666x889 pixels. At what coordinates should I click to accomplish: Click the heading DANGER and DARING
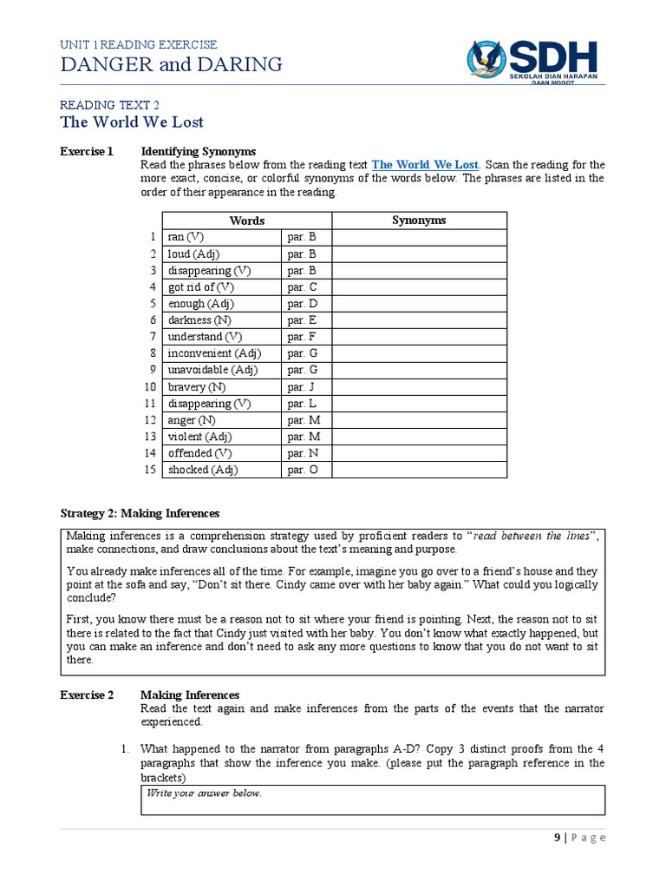tap(171, 64)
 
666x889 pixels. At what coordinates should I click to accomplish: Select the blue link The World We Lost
tap(425, 164)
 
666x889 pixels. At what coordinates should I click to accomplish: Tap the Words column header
tap(246, 221)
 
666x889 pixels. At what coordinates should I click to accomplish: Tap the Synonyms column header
tap(419, 221)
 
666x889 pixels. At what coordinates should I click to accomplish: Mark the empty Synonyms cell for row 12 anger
tap(419, 420)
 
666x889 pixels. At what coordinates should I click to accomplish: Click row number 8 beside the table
tap(153, 353)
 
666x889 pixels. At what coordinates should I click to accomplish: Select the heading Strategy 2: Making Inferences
tap(140, 513)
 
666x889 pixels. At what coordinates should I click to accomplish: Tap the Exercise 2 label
tap(87, 695)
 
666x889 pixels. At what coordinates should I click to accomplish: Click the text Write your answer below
tap(204, 794)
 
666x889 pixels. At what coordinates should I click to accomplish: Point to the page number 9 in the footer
tap(557, 838)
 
